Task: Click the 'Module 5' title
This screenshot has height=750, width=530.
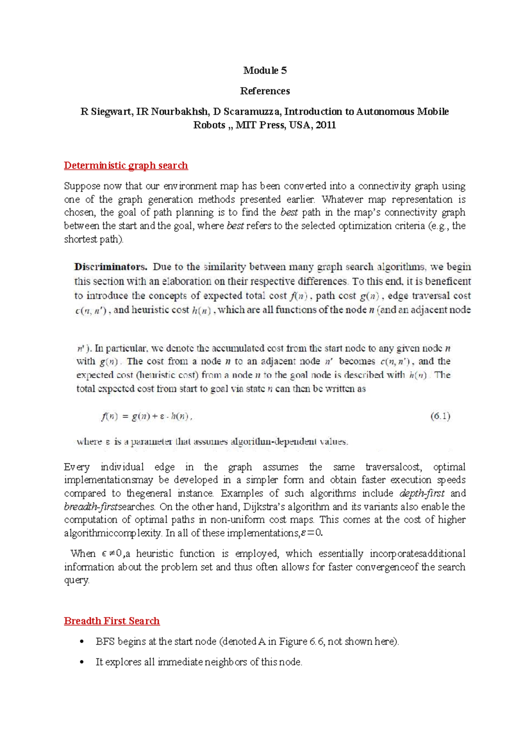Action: point(265,71)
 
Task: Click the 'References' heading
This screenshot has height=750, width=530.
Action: point(265,91)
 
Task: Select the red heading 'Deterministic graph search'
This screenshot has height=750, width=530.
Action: point(126,165)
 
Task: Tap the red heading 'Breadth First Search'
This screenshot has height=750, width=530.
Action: point(112,621)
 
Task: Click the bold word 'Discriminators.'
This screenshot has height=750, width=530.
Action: point(110,267)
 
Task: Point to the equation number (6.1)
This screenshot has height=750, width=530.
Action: point(440,416)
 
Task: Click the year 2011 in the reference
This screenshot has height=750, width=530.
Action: point(326,125)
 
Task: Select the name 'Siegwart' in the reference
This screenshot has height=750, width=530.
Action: point(110,112)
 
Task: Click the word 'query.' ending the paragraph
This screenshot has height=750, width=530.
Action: point(77,580)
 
